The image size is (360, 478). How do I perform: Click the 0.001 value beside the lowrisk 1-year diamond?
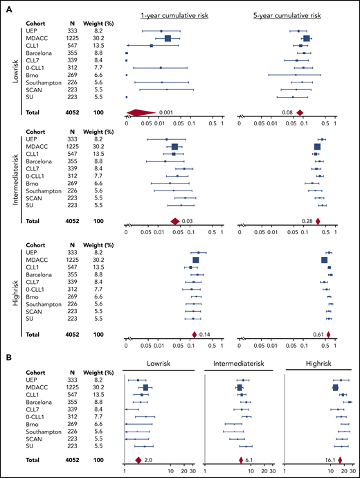tap(165, 112)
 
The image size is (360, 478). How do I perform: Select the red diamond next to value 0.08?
tap(300, 112)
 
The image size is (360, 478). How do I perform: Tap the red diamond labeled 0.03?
tap(175, 221)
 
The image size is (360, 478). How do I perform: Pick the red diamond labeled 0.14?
tap(194, 334)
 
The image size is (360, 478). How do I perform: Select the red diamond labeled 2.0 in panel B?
tap(138, 460)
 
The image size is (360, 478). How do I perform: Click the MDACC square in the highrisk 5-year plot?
tap(325, 260)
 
